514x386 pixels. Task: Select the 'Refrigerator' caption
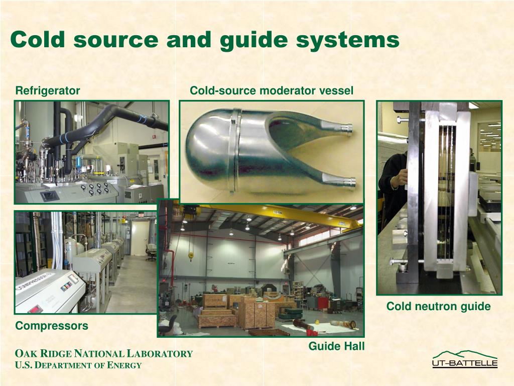click(48, 91)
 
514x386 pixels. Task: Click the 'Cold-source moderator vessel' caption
click(271, 91)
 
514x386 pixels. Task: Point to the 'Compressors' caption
click(52, 326)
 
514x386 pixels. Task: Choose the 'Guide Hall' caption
click(336, 346)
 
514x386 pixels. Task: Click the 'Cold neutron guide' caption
click(438, 306)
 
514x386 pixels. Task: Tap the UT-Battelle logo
click(465, 359)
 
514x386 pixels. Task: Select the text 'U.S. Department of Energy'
click(78, 365)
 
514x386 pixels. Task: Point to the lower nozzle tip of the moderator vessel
click(348, 181)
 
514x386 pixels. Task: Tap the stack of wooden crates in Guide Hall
click(256, 312)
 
